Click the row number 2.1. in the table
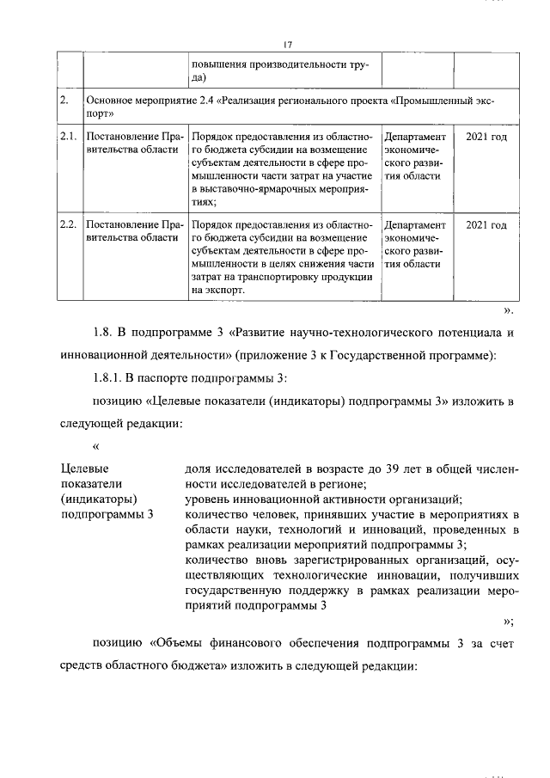pyautogui.click(x=69, y=137)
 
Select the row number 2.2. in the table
pyautogui.click(x=69, y=225)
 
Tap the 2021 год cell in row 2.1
pyautogui.click(x=486, y=137)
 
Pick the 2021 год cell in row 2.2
pyautogui.click(x=486, y=225)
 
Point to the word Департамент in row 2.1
pyautogui.click(x=415, y=137)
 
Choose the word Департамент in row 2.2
pyautogui.click(x=415, y=225)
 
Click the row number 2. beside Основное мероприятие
pyautogui.click(x=64, y=101)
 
